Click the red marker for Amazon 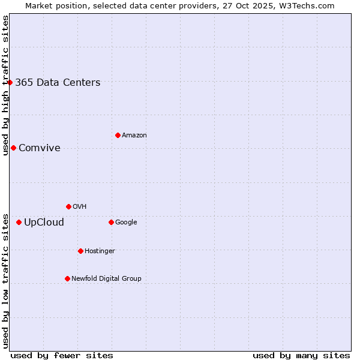pyautogui.click(x=118, y=135)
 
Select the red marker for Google pyautogui.click(x=111, y=222)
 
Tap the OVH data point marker pyautogui.click(x=68, y=206)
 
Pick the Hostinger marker pyautogui.click(x=80, y=251)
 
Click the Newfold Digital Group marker pyautogui.click(x=67, y=278)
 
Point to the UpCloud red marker pyautogui.click(x=19, y=222)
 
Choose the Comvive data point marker pyautogui.click(x=13, y=148)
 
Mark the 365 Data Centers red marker pyautogui.click(x=10, y=82)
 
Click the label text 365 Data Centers pyautogui.click(x=58, y=83)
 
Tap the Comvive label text pyautogui.click(x=40, y=148)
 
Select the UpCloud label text pyautogui.click(x=44, y=223)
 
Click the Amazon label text pyautogui.click(x=134, y=136)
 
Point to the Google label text pyautogui.click(x=126, y=223)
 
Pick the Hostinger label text pyautogui.click(x=100, y=251)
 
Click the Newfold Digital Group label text pyautogui.click(x=106, y=278)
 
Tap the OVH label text pyautogui.click(x=80, y=207)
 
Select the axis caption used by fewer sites pyautogui.click(x=62, y=355)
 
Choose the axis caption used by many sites pyautogui.click(x=301, y=355)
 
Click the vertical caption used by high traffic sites pyautogui.click(x=5, y=85)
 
